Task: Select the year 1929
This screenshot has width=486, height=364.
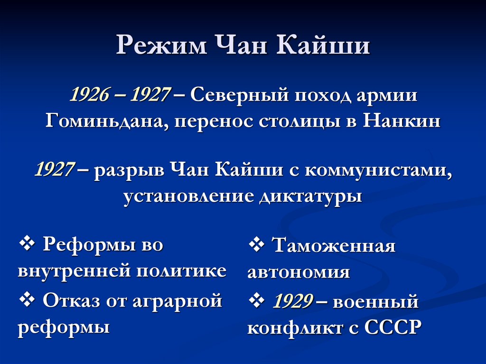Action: pos(292,301)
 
